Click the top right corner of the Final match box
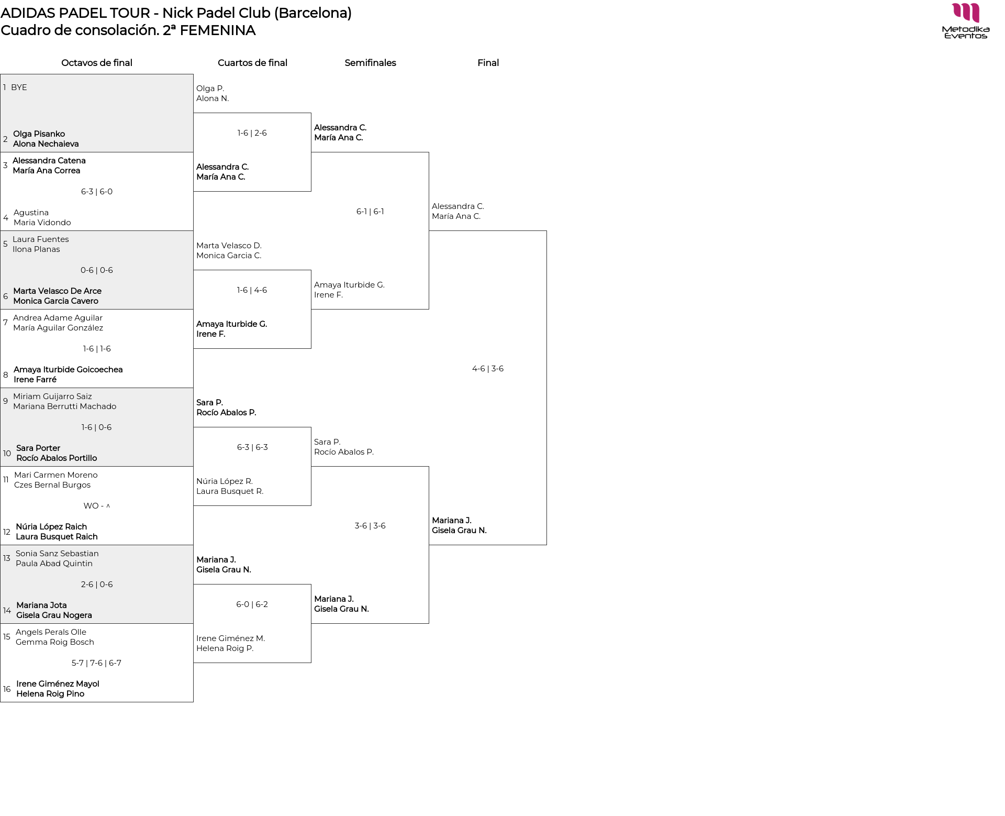[546, 231]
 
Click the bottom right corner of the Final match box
[546, 545]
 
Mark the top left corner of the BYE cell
[1, 74]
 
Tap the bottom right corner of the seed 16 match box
[193, 702]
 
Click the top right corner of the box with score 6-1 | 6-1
[429, 152]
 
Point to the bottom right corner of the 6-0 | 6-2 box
[311, 663]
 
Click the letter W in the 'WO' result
[87, 506]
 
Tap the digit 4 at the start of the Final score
[475, 369]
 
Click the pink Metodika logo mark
[966, 13]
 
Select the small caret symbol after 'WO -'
[108, 506]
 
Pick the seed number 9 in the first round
[5, 401]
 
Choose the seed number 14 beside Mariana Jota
[7, 611]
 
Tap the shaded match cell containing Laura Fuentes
[97, 270]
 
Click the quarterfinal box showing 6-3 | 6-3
[252, 466]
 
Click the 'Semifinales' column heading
[370, 63]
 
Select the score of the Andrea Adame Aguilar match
[97, 349]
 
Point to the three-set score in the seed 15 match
[96, 663]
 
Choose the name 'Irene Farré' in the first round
[35, 380]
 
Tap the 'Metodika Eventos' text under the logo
[966, 32]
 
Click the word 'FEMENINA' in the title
[217, 30]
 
